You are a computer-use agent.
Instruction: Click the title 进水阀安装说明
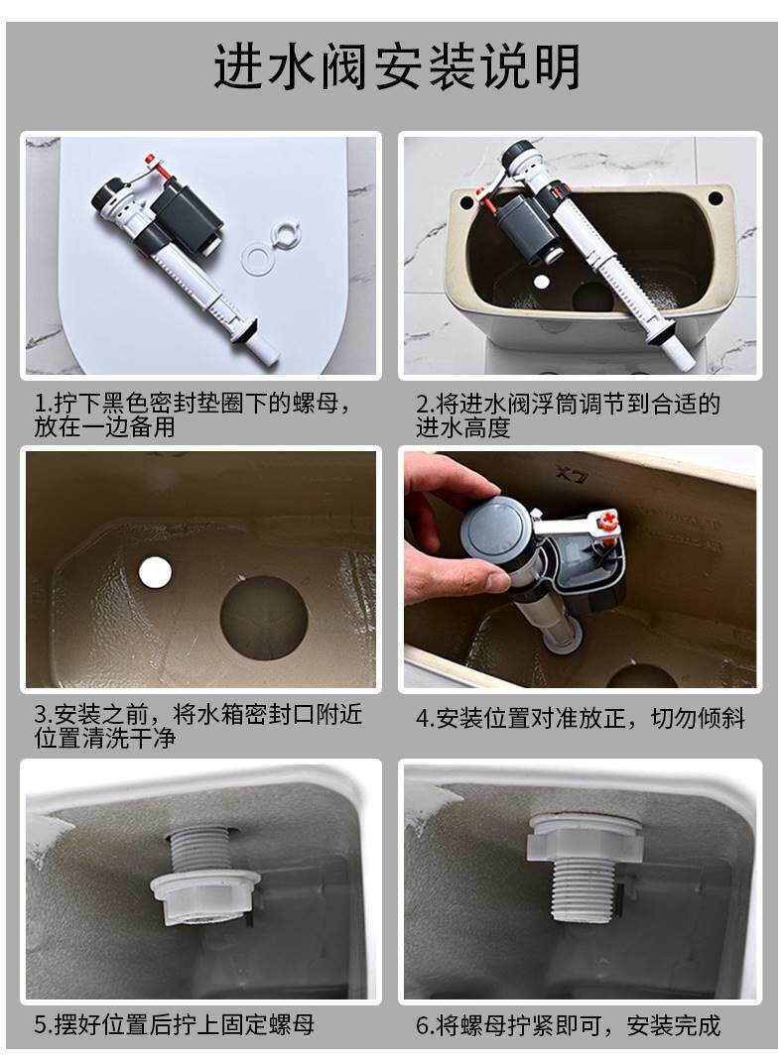397,66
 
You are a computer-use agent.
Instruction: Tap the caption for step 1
193,414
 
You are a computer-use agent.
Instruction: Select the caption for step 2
568,414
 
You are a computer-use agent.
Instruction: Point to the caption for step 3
198,726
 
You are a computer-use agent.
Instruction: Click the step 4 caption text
580,718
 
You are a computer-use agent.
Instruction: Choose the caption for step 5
175,1024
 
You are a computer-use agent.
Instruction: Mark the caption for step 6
568,1024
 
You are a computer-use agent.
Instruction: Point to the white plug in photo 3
155,571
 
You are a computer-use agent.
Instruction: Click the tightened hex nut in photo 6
584,838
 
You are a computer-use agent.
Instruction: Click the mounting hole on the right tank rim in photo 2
716,198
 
